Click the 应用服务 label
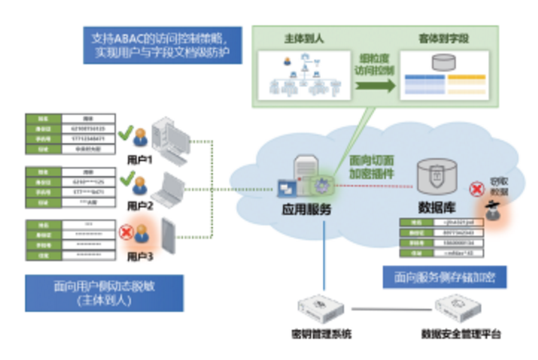coord(307,210)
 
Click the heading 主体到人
coord(299,38)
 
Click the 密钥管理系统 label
coord(321,333)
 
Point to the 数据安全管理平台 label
coord(460,333)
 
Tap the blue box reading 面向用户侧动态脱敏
coord(104,293)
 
